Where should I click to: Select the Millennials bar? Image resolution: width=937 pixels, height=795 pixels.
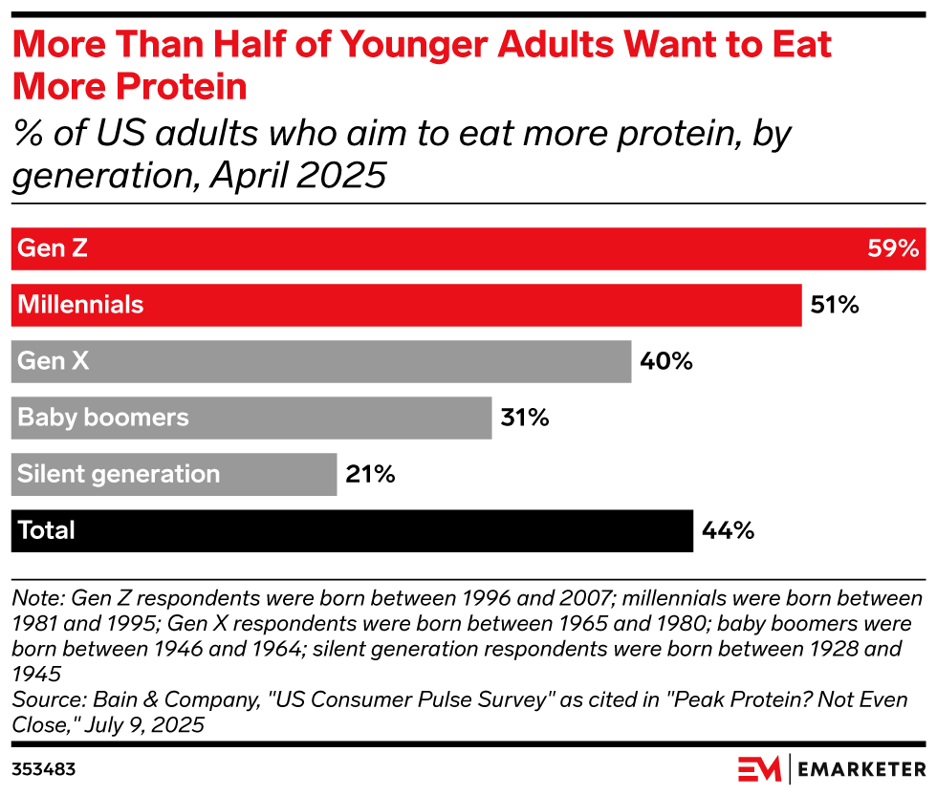pyautogui.click(x=406, y=305)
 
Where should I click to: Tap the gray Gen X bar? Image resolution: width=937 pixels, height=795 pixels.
pyautogui.click(x=321, y=361)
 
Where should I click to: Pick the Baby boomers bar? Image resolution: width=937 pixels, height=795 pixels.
pyautogui.click(x=251, y=418)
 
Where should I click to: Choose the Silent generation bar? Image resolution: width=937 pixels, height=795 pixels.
pyautogui.click(x=174, y=474)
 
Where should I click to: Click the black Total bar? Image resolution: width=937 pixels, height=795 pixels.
pyautogui.click(x=352, y=530)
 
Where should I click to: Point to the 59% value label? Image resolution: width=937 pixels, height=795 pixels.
pyautogui.click(x=893, y=249)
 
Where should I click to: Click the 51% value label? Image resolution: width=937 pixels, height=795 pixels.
pyautogui.click(x=835, y=306)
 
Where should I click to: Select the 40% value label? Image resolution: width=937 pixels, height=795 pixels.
pyautogui.click(x=665, y=361)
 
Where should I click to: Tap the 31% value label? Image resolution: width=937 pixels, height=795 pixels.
pyautogui.click(x=525, y=418)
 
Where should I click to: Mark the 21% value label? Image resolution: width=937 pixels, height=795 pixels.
pyautogui.click(x=370, y=474)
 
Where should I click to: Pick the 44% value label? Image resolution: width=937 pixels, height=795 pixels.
pyautogui.click(x=729, y=530)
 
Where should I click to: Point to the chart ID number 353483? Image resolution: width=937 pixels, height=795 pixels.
pyautogui.click(x=44, y=768)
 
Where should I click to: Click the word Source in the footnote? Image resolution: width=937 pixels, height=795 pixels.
pyautogui.click(x=43, y=699)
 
